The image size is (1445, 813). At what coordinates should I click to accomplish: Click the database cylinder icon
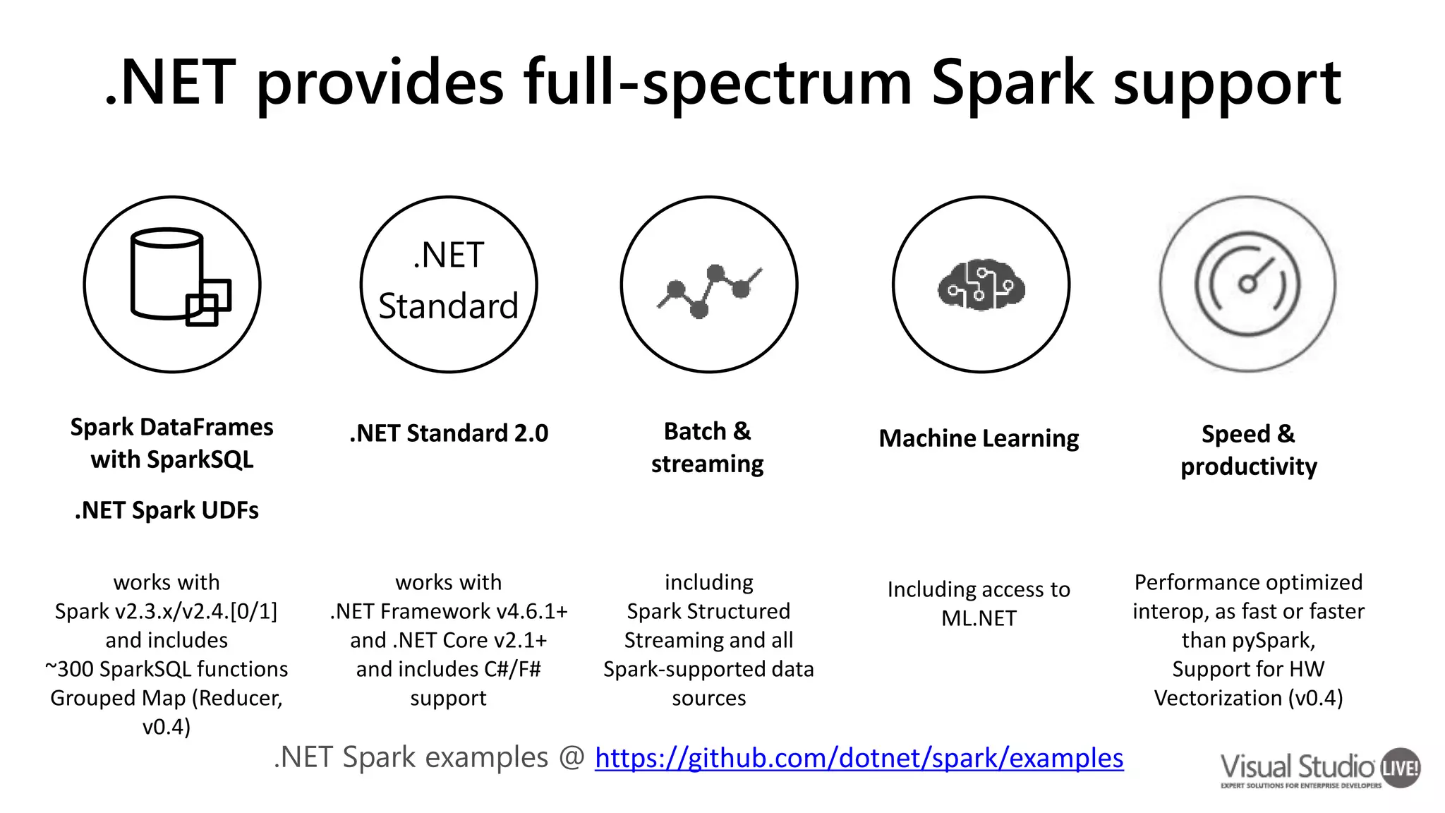click(x=169, y=275)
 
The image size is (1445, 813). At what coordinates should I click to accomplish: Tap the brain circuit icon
click(x=981, y=284)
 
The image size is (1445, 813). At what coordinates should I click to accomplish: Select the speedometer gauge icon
click(x=1247, y=284)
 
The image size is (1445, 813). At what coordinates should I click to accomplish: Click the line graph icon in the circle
click(x=709, y=289)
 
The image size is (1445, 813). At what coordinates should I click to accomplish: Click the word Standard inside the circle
click(x=448, y=306)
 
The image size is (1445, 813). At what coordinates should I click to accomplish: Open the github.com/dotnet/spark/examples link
click(x=859, y=758)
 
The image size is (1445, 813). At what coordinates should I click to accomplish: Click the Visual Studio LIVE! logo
click(x=1319, y=768)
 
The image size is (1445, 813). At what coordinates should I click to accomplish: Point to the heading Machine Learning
click(x=979, y=438)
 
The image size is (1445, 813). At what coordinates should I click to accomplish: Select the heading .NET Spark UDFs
click(x=167, y=510)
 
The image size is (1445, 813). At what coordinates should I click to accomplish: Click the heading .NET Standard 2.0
click(x=449, y=433)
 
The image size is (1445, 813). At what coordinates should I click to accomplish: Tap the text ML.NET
click(x=979, y=618)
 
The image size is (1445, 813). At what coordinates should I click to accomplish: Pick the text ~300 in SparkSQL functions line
click(x=71, y=669)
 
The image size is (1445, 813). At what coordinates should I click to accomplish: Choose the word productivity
click(x=1248, y=466)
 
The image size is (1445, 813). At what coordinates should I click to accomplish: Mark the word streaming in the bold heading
click(x=707, y=464)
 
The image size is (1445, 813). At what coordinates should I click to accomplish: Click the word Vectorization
click(x=1218, y=698)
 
